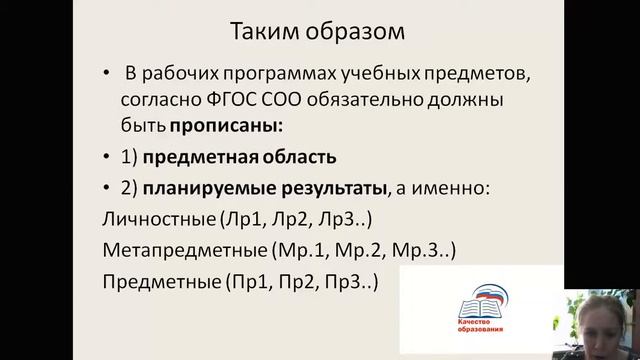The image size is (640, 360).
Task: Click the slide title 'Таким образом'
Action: (x=319, y=31)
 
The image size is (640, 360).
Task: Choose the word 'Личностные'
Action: (x=149, y=217)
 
